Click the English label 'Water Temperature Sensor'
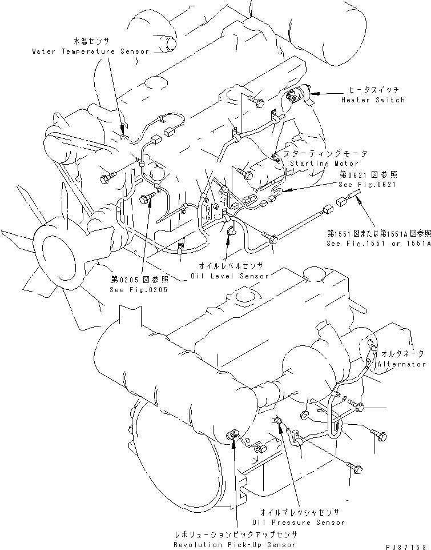pyautogui.click(x=90, y=51)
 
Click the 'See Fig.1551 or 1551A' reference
pyautogui.click(x=378, y=243)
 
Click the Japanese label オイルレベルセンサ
pyautogui.click(x=230, y=266)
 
